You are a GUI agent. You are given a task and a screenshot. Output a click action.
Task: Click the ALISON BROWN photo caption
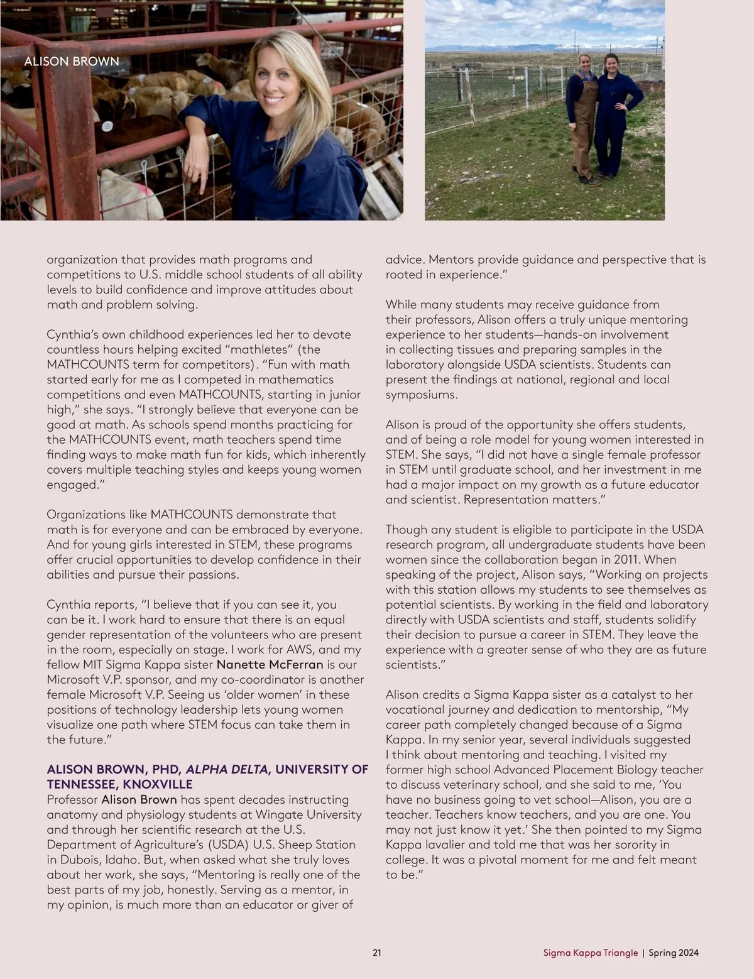pyautogui.click(x=71, y=62)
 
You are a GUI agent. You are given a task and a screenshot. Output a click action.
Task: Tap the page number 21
pyautogui.click(x=377, y=953)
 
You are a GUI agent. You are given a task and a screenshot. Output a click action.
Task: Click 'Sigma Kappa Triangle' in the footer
pyautogui.click(x=590, y=953)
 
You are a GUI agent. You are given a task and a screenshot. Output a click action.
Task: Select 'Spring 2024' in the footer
pyautogui.click(x=674, y=953)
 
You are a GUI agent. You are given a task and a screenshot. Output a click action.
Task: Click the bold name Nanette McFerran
pyautogui.click(x=270, y=664)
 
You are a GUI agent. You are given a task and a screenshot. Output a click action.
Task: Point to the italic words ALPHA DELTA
pyautogui.click(x=227, y=770)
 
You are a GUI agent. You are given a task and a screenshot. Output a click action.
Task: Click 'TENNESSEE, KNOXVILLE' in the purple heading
pyautogui.click(x=119, y=785)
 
